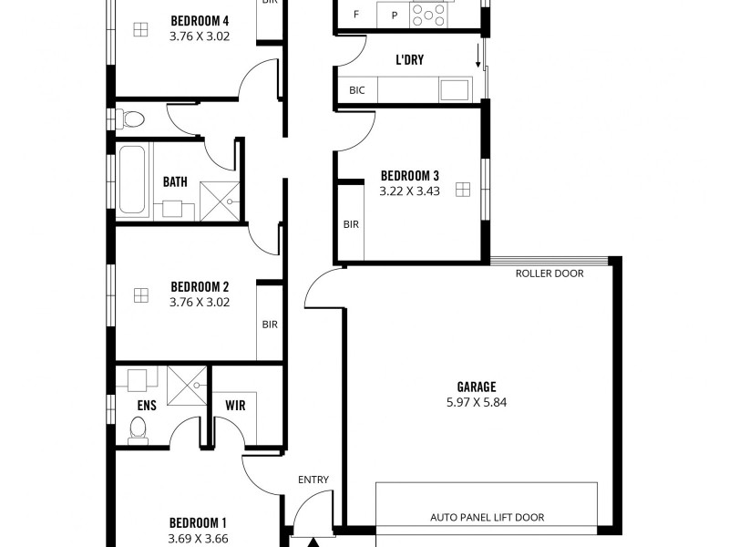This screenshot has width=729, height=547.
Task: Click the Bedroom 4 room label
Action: (x=199, y=20)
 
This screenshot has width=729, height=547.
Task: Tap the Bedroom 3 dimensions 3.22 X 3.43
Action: (x=409, y=191)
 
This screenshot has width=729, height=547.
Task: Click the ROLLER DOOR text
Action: (x=549, y=273)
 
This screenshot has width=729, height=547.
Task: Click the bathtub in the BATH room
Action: (x=134, y=180)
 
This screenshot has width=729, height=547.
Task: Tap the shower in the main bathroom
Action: (x=220, y=201)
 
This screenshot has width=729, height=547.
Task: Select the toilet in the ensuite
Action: (x=139, y=428)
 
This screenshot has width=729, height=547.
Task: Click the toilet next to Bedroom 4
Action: (x=132, y=119)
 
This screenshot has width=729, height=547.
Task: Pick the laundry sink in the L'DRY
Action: (x=454, y=89)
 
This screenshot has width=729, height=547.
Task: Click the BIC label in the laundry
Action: (x=356, y=90)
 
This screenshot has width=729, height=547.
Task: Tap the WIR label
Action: (x=234, y=405)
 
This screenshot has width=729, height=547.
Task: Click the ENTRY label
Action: (x=313, y=480)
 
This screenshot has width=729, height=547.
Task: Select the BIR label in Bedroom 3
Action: (x=351, y=223)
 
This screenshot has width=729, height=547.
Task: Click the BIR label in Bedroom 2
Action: (x=270, y=324)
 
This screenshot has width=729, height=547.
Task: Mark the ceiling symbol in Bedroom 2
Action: (x=140, y=294)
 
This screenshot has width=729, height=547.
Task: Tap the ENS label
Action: (x=147, y=406)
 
